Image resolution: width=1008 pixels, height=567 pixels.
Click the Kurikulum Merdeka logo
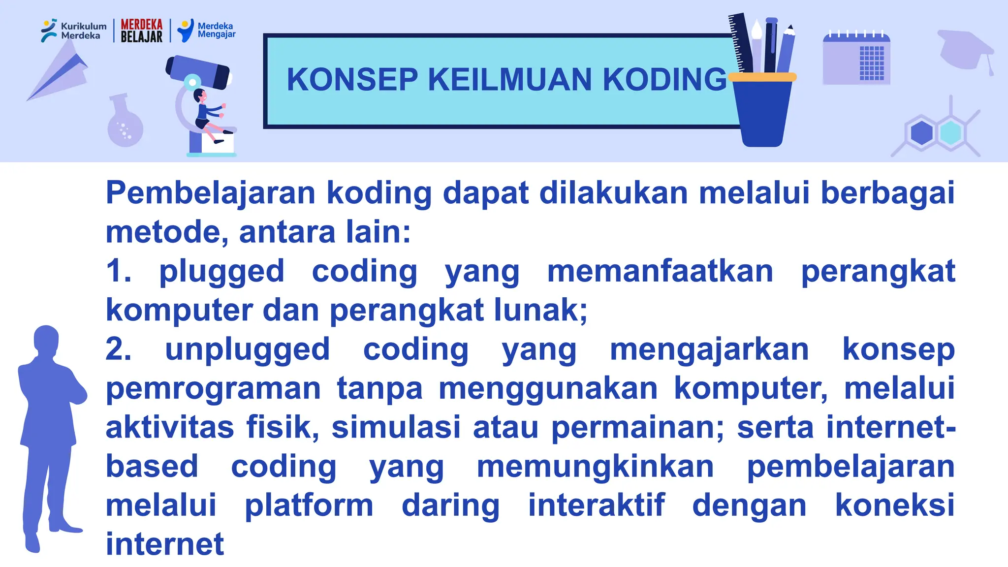pos(73,31)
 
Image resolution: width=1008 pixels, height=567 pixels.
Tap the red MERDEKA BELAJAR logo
pos(141,31)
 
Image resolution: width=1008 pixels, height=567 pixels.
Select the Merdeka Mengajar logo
pos(206,31)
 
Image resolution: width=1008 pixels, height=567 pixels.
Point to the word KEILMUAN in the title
pos(509,79)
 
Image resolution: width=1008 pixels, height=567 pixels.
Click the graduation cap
pos(965,49)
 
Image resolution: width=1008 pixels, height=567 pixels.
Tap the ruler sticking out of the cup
pos(740,42)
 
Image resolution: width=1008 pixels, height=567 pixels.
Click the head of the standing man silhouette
pos(46,340)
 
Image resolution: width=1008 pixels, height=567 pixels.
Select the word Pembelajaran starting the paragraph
pos(211,192)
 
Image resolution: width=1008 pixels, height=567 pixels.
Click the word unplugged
pos(247,349)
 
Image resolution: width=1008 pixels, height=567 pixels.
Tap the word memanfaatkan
pos(660,271)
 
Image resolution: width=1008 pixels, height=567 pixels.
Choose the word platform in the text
pos(309,505)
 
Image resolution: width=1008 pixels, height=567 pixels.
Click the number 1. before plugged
pos(118,271)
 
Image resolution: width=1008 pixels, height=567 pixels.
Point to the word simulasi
pos(396,427)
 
